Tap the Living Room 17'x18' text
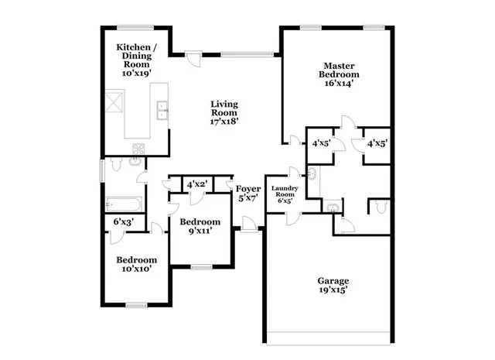click(x=225, y=112)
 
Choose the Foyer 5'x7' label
click(x=248, y=193)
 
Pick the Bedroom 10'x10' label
click(x=137, y=264)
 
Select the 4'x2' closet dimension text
click(x=196, y=184)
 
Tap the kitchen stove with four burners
click(x=139, y=149)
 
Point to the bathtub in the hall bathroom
click(x=125, y=204)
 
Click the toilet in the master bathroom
click(x=379, y=206)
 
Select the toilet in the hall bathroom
click(x=116, y=164)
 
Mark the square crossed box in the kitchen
click(x=114, y=101)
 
